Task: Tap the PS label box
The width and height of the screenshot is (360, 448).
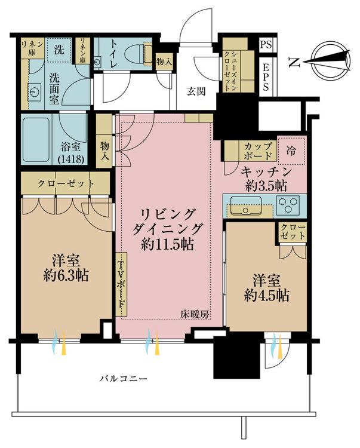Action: point(266,45)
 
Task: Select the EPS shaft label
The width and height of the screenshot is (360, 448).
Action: point(266,77)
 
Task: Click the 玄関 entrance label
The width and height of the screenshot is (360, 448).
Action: point(196,91)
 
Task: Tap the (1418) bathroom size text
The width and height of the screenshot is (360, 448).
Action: point(71,159)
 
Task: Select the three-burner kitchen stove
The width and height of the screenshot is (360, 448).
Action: point(288,204)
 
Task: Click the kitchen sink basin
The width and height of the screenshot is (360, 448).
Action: point(245,205)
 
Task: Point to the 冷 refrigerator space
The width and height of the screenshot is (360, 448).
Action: point(291,151)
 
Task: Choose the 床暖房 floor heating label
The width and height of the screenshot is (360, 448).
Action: point(195,314)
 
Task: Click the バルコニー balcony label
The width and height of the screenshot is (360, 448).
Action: point(124,379)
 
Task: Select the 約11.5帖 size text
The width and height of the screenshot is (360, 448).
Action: point(168,244)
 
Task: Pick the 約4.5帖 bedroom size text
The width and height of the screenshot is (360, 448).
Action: point(267,296)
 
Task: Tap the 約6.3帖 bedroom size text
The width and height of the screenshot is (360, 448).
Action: point(66,276)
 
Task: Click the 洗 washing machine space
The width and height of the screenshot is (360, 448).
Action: point(59,50)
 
